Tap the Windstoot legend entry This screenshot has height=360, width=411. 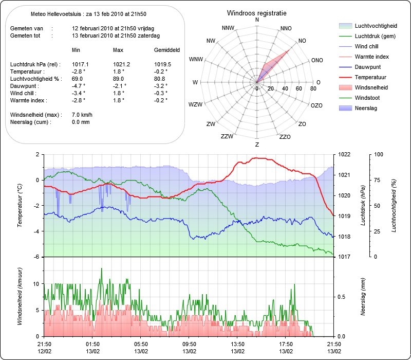pyautogui.click(x=359, y=98)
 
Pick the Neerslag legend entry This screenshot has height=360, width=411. pyautogui.click(x=358, y=108)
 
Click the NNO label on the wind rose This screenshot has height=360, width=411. pyautogui.click(x=286, y=28)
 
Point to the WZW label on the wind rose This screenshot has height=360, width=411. pyautogui.click(x=196, y=104)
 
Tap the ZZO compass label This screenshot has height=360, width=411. pyautogui.click(x=285, y=137)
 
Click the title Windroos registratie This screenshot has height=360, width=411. pyautogui.click(x=256, y=13)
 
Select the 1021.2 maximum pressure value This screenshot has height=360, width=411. pyautogui.click(x=121, y=65)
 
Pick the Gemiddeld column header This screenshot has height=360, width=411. pyautogui.click(x=167, y=50)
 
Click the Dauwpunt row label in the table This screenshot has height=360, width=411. pyautogui.click(x=25, y=86)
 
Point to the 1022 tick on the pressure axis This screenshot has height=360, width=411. pyautogui.click(x=344, y=154)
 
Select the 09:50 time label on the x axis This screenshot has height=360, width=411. pyautogui.click(x=189, y=344)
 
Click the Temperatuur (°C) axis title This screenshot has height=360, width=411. pyautogui.click(x=20, y=205)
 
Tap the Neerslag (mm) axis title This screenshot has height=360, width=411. pyautogui.click(x=363, y=297)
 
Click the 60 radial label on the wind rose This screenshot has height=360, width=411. pyautogui.click(x=299, y=88)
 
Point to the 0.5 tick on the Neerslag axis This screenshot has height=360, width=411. pyautogui.click(x=341, y=297)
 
